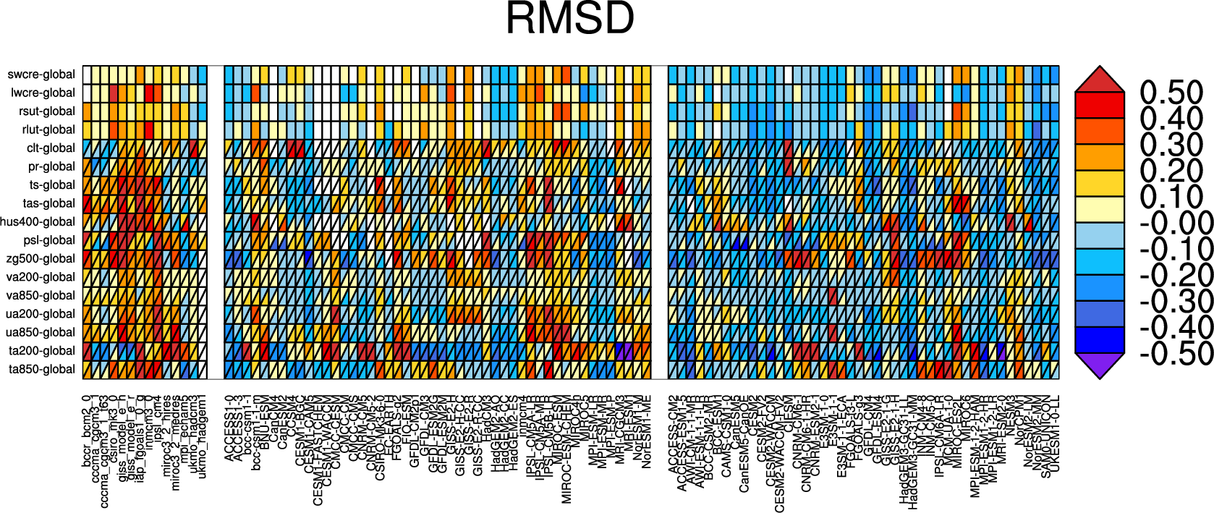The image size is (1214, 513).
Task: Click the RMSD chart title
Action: (x=570, y=19)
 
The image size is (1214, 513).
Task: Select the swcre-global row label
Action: (x=41, y=75)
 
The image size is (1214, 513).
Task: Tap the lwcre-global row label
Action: (x=43, y=93)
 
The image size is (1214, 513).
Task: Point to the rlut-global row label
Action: (x=48, y=130)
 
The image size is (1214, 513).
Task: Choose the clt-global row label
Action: (x=51, y=148)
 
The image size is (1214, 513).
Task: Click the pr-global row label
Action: (x=51, y=166)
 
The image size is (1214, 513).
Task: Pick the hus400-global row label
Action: (x=38, y=221)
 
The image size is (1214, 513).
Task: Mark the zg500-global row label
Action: (x=41, y=258)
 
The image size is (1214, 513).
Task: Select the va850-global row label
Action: (x=41, y=295)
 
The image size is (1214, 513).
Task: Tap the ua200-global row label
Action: (x=41, y=314)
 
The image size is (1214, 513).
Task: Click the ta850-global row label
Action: (x=42, y=369)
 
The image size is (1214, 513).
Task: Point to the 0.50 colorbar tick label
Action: (x=1171, y=93)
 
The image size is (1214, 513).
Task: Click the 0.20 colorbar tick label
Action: (x=1171, y=171)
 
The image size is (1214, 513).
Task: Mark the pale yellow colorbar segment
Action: (x=1100, y=209)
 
